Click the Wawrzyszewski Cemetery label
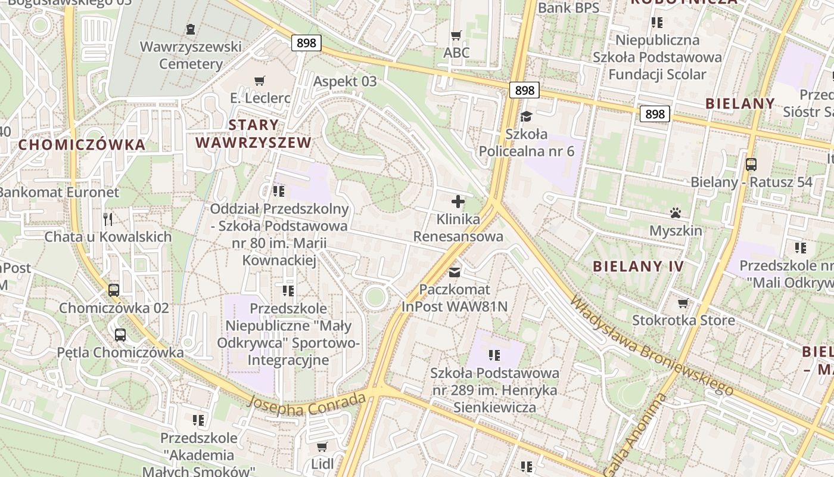191,55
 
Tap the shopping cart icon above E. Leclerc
259,80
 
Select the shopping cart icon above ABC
456,35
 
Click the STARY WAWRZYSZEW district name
254,134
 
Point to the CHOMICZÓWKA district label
82,144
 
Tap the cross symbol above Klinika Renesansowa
458,202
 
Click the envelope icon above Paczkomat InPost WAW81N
455,272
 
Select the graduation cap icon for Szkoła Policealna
526,116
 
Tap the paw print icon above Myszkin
676,213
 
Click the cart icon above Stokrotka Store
683,303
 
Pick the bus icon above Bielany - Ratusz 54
751,164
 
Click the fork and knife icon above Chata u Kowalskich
108,219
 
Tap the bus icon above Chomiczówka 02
114,290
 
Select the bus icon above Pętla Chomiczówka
120,334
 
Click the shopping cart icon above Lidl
322,447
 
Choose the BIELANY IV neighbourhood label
638,267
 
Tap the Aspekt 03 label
345,82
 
